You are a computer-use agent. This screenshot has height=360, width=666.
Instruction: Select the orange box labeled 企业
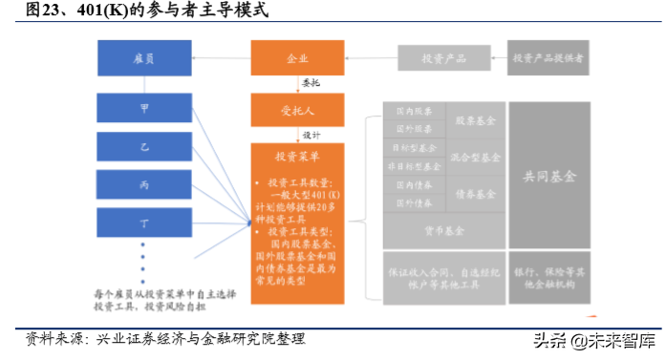click(297, 58)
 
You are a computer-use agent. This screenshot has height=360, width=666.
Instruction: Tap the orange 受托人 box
click(297, 110)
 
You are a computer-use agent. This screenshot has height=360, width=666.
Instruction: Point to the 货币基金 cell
click(443, 230)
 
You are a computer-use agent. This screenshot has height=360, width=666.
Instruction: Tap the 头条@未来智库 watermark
click(593, 340)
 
